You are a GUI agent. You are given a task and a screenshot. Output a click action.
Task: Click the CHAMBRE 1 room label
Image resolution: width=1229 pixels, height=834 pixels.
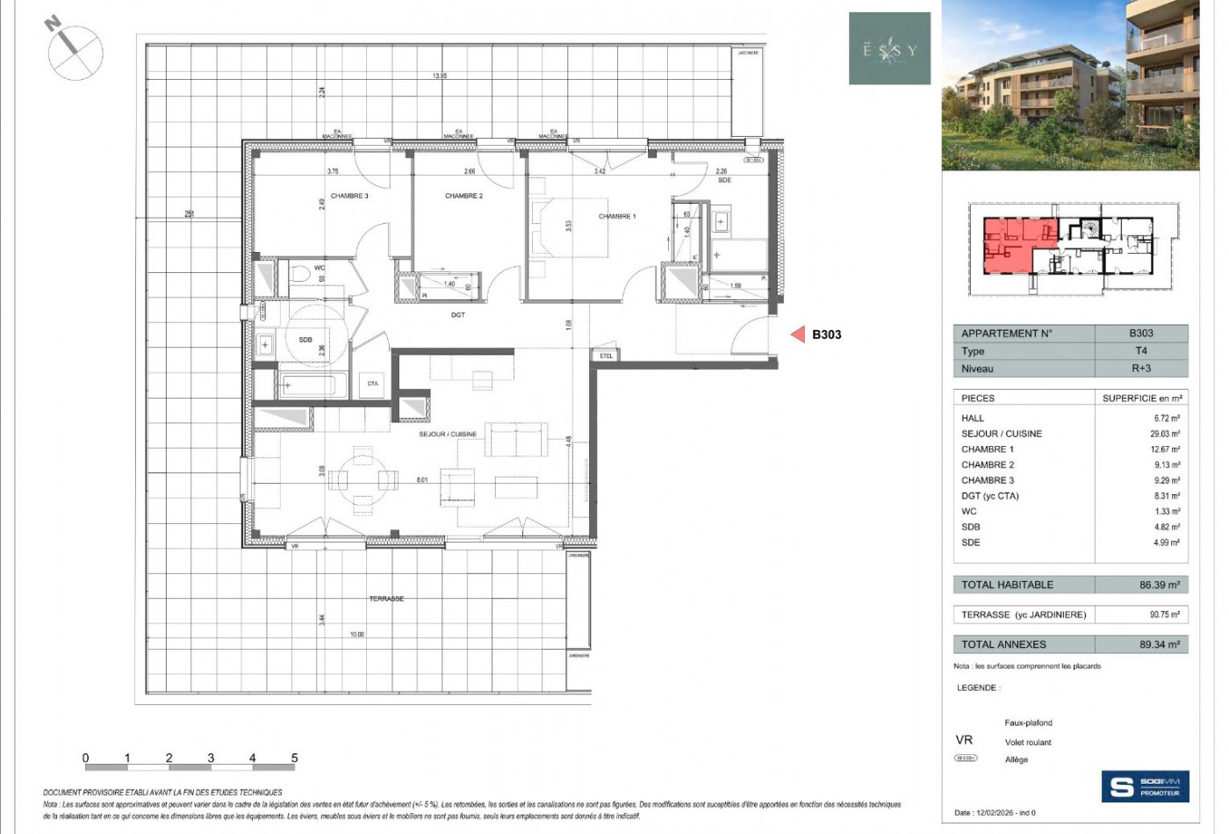click(x=617, y=216)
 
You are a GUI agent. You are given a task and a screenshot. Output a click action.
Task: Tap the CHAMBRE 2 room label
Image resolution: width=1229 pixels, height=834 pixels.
click(x=464, y=196)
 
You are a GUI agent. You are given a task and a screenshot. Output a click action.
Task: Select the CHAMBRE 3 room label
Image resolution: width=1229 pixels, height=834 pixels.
click(x=349, y=196)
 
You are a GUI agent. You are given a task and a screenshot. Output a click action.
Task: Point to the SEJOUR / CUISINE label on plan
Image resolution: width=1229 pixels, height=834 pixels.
click(x=448, y=434)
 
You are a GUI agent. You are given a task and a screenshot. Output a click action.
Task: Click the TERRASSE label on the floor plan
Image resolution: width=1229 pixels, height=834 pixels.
click(x=386, y=599)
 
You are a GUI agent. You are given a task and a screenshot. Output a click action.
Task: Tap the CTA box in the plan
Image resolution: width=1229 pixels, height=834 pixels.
click(x=372, y=384)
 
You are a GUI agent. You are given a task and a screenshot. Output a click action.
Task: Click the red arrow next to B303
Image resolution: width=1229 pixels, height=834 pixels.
click(x=797, y=334)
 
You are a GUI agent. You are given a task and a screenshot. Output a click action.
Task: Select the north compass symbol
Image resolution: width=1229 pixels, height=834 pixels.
click(x=75, y=49)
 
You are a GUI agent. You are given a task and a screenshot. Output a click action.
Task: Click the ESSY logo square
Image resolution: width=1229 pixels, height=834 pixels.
click(x=889, y=49)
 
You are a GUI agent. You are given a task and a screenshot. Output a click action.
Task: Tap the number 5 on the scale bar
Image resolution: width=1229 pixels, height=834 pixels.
click(x=294, y=758)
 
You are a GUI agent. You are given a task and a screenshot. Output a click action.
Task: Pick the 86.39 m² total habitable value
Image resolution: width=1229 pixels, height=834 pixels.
click(x=1159, y=585)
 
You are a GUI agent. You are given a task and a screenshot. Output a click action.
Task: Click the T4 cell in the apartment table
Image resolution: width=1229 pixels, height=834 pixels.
click(x=1140, y=350)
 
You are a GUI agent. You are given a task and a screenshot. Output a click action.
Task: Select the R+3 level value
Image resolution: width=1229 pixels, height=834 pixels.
click(x=1140, y=369)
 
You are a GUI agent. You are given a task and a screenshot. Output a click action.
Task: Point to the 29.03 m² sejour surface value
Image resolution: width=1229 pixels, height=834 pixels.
click(x=1165, y=434)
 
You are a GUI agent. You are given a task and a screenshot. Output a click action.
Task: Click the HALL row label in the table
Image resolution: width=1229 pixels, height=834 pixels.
click(x=973, y=418)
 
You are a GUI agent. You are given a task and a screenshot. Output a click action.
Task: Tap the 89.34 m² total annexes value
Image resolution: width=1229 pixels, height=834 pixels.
click(x=1159, y=644)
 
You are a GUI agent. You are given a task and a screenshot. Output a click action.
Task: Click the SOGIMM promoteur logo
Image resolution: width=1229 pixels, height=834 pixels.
click(x=1145, y=786)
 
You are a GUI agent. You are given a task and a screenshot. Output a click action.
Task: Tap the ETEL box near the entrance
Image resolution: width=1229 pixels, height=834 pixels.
click(x=607, y=356)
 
